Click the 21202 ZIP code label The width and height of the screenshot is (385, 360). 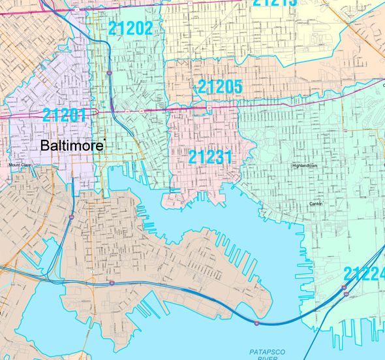(131, 28)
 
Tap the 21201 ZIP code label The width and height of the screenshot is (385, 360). (65, 116)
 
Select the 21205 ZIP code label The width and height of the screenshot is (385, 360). (220, 86)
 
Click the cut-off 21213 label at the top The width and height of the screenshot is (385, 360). (275, 3)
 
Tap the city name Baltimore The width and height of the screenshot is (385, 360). (71, 146)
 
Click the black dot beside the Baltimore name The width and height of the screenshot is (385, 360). (104, 139)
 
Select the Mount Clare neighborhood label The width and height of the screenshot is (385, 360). (20, 165)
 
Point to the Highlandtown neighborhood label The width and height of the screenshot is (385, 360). (305, 166)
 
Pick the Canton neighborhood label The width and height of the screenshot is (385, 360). (316, 204)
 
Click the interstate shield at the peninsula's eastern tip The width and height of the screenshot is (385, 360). (256, 323)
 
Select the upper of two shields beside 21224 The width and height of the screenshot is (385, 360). (344, 287)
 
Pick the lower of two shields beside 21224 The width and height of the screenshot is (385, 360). (345, 295)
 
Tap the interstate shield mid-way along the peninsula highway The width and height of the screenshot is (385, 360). (113, 283)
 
